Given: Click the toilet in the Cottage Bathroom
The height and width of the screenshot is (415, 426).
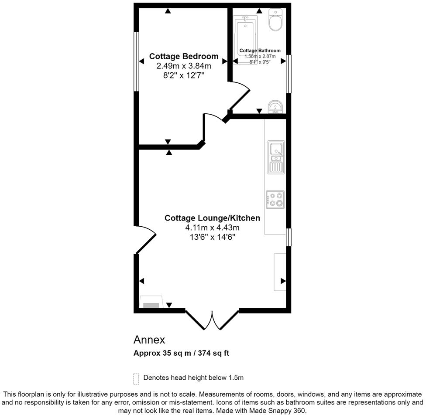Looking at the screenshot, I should click(275, 20).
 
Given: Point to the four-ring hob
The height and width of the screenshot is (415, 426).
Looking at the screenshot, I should click(275, 199).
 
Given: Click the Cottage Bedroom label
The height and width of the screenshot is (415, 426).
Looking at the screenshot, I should click(183, 56).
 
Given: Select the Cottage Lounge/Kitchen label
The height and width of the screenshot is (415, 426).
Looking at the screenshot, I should click(212, 218).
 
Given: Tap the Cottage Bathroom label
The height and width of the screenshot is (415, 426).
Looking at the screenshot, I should click(260, 51).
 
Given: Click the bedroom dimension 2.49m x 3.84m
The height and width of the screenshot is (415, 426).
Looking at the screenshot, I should click(183, 66).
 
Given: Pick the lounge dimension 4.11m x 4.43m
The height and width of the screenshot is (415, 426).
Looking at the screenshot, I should click(212, 228).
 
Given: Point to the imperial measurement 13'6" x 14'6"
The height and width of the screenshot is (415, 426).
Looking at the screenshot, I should click(212, 237).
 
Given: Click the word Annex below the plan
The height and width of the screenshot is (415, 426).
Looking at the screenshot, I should click(149, 340).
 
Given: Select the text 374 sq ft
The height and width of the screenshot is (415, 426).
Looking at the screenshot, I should click(213, 354).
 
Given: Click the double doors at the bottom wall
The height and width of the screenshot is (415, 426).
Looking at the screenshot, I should click(212, 320).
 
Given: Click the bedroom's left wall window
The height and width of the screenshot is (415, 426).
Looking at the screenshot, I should click(136, 61).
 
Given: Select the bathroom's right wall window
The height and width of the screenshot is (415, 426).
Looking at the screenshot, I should click(289, 74).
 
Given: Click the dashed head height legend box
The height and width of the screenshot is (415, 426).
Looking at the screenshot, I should click(136, 378).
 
